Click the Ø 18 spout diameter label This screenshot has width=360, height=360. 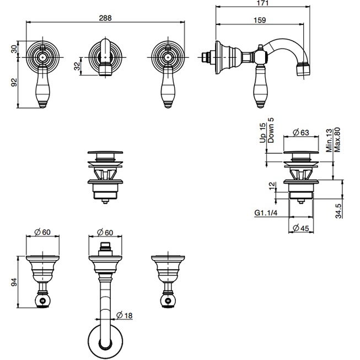point(126,315)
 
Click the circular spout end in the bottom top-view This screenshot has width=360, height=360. point(104,342)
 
